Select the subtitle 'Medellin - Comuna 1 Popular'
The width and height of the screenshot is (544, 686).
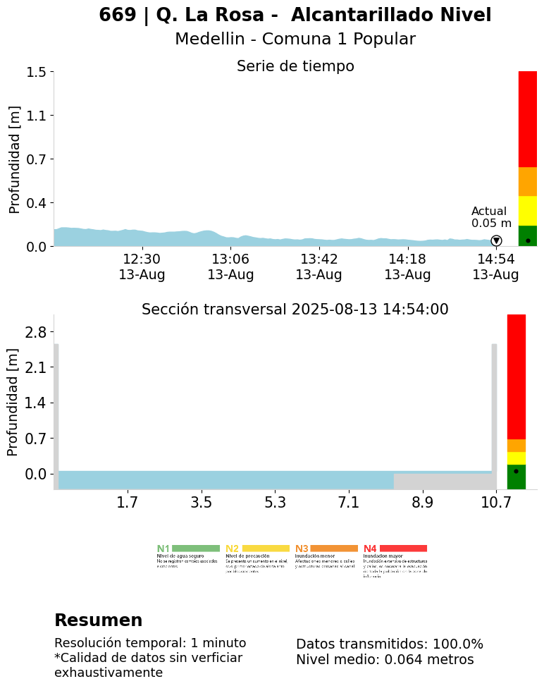295,39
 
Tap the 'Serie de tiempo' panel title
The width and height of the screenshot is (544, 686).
295,66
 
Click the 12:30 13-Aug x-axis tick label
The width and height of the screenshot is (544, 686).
142,267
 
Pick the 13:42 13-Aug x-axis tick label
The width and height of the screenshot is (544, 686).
319,267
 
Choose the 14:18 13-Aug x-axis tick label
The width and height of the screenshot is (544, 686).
407,267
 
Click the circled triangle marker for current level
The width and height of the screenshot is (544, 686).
496,241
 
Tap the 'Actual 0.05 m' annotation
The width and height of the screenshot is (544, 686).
491,217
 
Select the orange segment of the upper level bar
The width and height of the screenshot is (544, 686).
528,181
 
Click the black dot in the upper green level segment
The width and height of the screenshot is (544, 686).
528,240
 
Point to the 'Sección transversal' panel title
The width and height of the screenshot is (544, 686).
295,310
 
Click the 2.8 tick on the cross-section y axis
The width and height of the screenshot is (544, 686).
35,332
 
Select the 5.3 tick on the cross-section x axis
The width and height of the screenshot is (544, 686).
275,503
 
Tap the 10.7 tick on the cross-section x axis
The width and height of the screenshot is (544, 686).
495,503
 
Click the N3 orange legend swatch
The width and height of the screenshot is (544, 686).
334,549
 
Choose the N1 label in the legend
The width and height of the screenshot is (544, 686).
163,549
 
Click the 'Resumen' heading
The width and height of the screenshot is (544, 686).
98,620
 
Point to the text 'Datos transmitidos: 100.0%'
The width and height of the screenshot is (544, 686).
389,644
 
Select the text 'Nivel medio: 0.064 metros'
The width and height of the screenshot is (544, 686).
385,660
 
